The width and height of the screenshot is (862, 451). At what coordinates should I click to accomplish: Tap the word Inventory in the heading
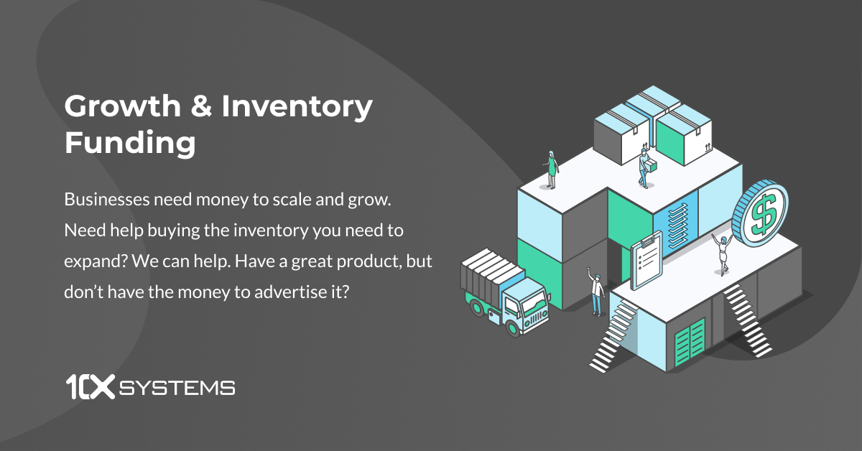pyautogui.click(x=297, y=108)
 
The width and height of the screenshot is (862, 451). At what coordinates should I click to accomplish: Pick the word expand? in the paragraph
pyautogui.click(x=94, y=261)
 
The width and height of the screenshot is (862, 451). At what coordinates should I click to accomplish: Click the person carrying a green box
pyautogui.click(x=645, y=167)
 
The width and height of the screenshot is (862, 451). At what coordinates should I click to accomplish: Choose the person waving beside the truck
pyautogui.click(x=596, y=290)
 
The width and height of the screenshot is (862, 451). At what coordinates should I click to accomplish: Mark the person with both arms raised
pyautogui.click(x=722, y=253)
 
